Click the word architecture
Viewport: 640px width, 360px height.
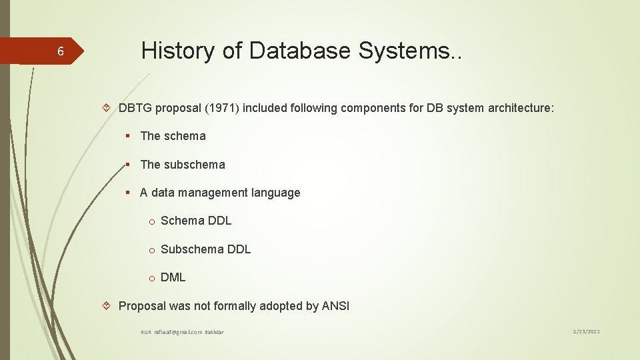(x=518, y=108)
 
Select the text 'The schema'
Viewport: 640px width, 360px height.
(x=173, y=136)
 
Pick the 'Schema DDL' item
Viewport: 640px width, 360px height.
(x=196, y=221)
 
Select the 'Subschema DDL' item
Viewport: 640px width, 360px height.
(x=205, y=249)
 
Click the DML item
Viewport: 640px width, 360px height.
(x=173, y=277)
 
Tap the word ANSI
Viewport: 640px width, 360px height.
(x=335, y=306)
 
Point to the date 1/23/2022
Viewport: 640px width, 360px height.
(x=585, y=331)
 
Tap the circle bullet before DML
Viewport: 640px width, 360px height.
(x=151, y=278)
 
